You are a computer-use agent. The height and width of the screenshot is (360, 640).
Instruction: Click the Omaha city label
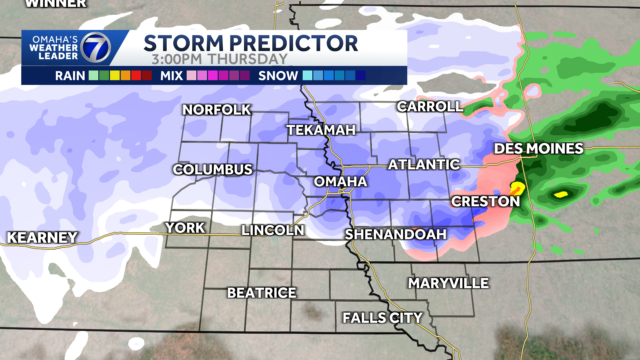pyautogui.click(x=340, y=182)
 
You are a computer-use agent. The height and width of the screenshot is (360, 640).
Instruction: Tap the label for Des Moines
pyautogui.click(x=538, y=148)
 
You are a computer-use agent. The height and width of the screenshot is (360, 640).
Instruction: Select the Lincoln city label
pyautogui.click(x=273, y=230)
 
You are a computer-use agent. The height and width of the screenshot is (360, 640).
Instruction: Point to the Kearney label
pyautogui.click(x=42, y=237)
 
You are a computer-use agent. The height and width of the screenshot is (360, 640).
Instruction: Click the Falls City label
pyautogui.click(x=382, y=318)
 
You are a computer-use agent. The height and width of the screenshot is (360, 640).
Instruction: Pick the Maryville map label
pyautogui.click(x=448, y=283)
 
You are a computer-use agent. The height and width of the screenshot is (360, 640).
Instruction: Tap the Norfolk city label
pyautogui.click(x=217, y=110)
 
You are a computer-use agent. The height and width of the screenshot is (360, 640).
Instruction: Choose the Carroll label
pyautogui.click(x=430, y=107)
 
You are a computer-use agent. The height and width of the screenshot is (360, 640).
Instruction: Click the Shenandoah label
pyautogui.click(x=395, y=234)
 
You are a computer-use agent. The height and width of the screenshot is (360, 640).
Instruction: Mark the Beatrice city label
pyautogui.click(x=262, y=293)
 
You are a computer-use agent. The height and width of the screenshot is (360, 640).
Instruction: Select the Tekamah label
pyautogui.click(x=321, y=130)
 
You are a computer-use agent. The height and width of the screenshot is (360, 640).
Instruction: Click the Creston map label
pyautogui.click(x=485, y=201)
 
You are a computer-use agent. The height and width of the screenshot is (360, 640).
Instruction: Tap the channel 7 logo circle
pyautogui.click(x=96, y=47)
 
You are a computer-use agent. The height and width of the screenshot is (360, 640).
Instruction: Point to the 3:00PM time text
pyautogui.click(x=177, y=59)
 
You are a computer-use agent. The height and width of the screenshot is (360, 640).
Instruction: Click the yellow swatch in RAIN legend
pyautogui.click(x=115, y=76)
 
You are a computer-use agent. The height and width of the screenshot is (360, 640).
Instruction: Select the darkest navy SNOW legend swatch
pyautogui.click(x=361, y=76)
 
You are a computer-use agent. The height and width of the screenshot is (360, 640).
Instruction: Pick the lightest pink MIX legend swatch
pyautogui.click(x=191, y=76)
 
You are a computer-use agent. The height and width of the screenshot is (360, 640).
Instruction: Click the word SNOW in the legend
pyautogui.click(x=278, y=76)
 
